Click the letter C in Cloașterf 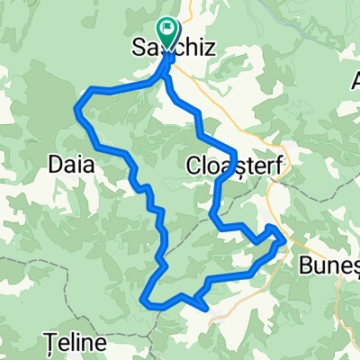[192, 166]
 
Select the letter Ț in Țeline [49, 343]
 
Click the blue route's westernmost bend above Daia [76, 107]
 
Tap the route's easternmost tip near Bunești [284, 238]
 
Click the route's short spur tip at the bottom [209, 309]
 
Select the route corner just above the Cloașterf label [233, 150]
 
